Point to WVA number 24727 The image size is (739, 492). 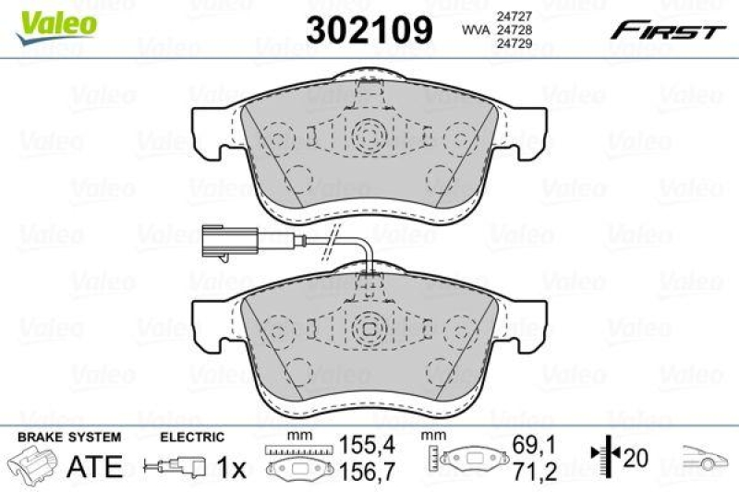(511, 17)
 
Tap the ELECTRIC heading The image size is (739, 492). (192, 437)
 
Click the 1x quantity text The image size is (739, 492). (231, 468)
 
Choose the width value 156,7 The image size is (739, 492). (359, 471)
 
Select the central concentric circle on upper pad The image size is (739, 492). (369, 138)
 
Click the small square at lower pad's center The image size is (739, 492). (369, 328)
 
